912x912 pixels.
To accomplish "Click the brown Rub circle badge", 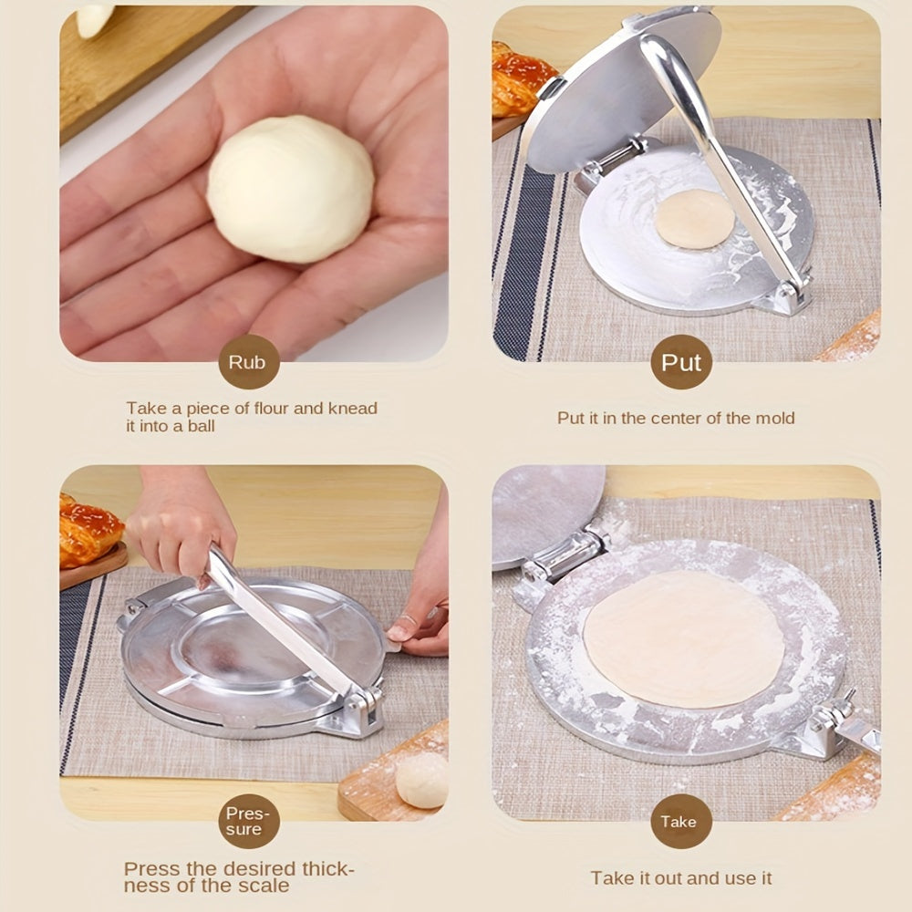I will pos(247,362).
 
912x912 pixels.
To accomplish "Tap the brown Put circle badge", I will pos(681,362).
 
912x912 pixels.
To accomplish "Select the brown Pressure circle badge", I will pos(248,821).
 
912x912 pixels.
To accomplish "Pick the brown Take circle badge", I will pos(680,821).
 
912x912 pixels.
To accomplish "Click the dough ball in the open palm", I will pos(290,189).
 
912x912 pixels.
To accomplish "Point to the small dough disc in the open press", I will pos(695,219).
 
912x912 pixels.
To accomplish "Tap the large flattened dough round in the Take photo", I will pos(683,639).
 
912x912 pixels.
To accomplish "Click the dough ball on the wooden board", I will pos(422,780).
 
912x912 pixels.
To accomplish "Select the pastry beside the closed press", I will pos(88,532).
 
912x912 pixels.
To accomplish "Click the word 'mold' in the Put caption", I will pos(774,418).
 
